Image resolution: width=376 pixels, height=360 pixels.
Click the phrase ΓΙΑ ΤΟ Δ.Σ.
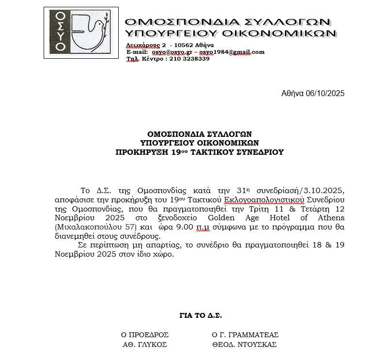coord(200,315)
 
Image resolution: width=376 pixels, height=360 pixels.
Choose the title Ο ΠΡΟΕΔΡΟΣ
coord(145,335)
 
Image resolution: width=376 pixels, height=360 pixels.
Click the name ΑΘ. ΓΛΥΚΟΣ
coord(145,344)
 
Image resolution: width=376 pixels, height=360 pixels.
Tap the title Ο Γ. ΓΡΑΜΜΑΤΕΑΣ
coord(245,335)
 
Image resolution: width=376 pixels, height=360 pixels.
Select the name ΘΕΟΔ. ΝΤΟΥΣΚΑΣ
coord(244,344)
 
